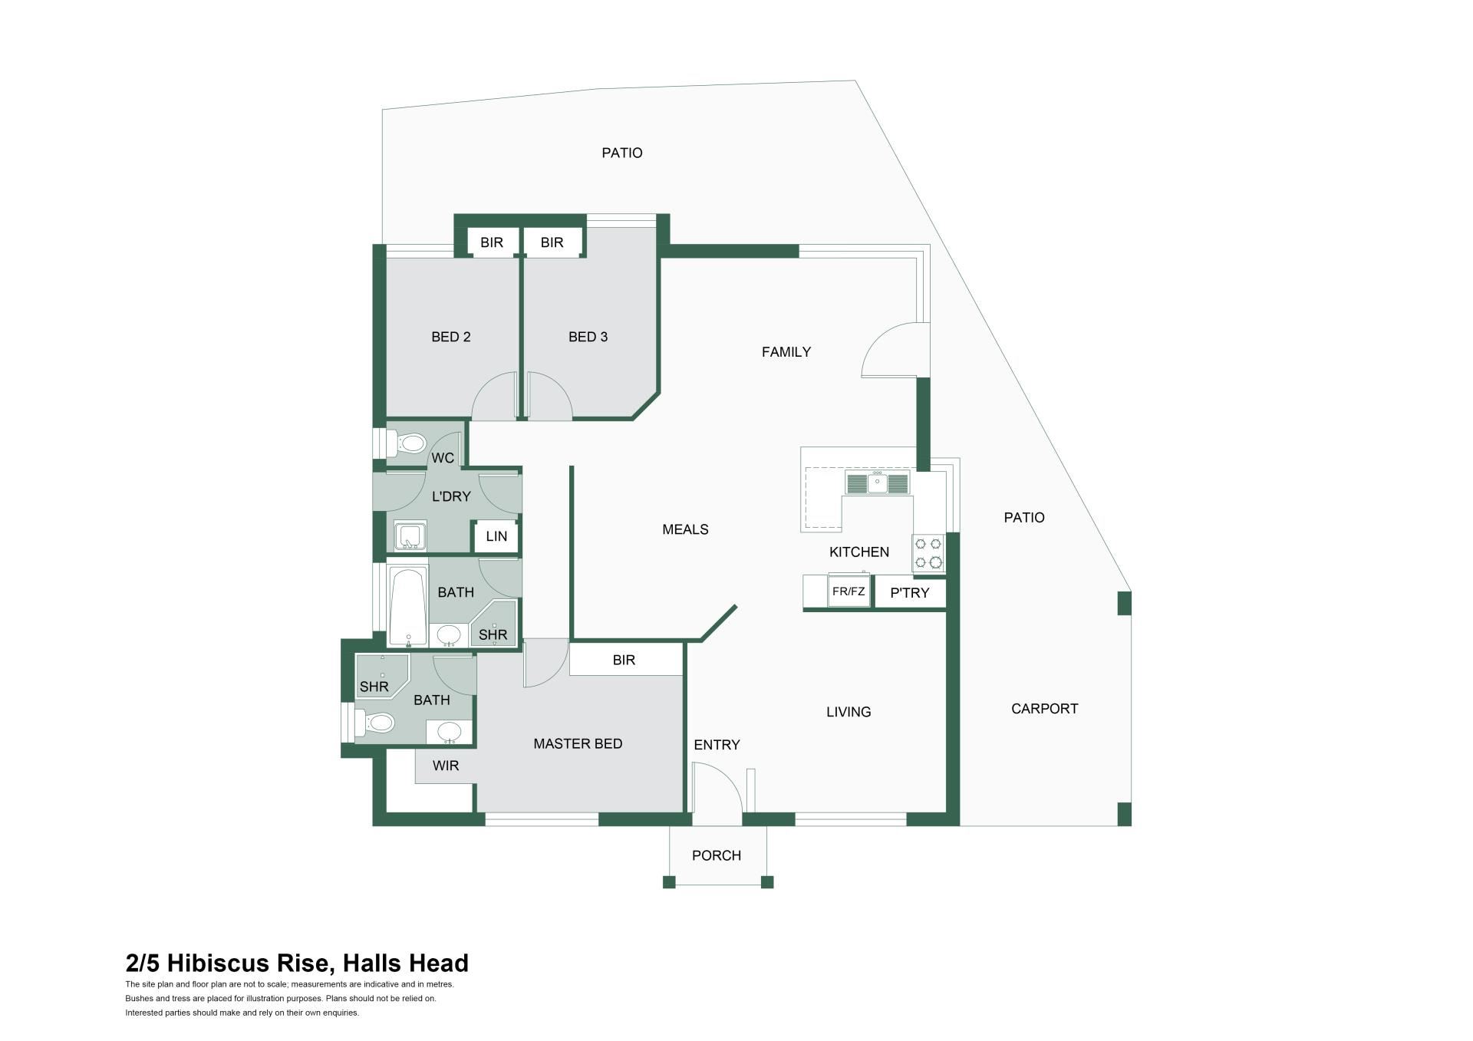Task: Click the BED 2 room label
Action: pyautogui.click(x=451, y=337)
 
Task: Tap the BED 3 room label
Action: pyautogui.click(x=588, y=337)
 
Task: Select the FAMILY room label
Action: pyautogui.click(x=786, y=352)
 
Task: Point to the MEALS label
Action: pyautogui.click(x=685, y=529)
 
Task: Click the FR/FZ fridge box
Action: pyautogui.click(x=849, y=591)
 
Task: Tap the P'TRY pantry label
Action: pyautogui.click(x=909, y=593)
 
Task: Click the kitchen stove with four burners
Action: pyautogui.click(x=928, y=552)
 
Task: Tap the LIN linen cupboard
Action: pyautogui.click(x=496, y=536)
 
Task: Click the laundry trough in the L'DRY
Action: pyautogui.click(x=410, y=536)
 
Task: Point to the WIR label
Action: pyautogui.click(x=446, y=766)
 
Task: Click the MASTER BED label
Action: pyautogui.click(x=578, y=743)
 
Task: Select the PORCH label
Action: pyautogui.click(x=717, y=855)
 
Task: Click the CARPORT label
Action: pyautogui.click(x=1045, y=709)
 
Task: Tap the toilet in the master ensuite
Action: pyautogui.click(x=374, y=723)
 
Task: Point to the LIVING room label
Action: pyautogui.click(x=849, y=712)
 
